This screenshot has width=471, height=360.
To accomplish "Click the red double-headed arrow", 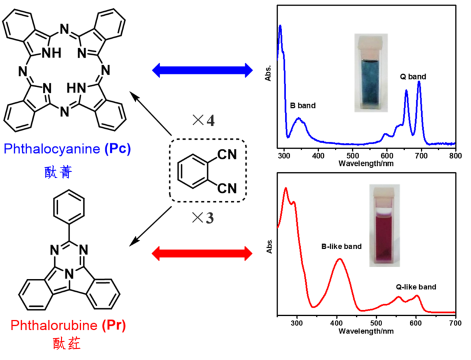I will (201, 254).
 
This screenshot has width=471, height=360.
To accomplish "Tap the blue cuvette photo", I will (370, 72).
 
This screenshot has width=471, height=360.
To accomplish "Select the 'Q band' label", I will (413, 76).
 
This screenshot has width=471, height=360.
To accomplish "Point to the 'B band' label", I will (303, 106).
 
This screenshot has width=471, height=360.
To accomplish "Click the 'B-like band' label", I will (341, 246).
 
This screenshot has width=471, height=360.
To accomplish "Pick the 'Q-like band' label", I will (416, 286).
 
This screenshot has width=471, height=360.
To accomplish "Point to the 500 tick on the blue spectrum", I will (353, 155).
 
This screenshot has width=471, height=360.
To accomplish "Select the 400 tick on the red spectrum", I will (337, 324).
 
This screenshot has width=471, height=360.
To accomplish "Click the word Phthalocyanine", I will (58, 149).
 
